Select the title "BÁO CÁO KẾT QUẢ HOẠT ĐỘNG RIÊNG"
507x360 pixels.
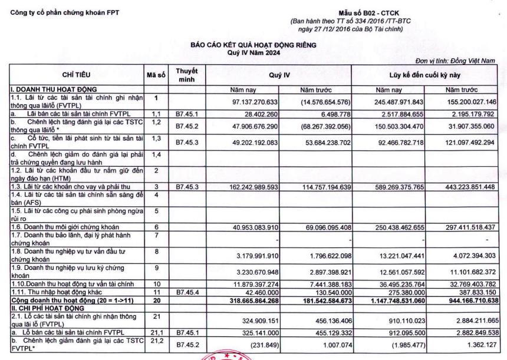click(x=253, y=45)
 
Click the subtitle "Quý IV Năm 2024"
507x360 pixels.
click(x=253, y=52)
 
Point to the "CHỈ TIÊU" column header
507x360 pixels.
click(x=73, y=75)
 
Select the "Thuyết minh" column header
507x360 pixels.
click(x=185, y=75)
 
